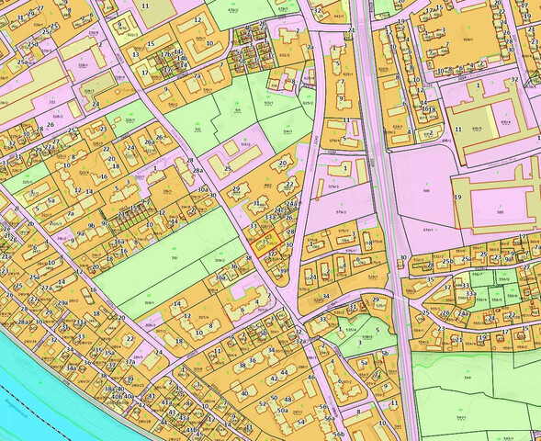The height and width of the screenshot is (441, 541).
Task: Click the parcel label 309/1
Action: click(x=149, y=302)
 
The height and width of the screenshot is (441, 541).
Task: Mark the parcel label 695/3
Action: click(x=504, y=121)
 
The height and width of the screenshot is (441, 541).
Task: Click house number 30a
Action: click(x=202, y=189)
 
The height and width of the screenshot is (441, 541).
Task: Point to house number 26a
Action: click(x=162, y=139)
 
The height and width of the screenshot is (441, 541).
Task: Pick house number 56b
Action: click(x=339, y=434)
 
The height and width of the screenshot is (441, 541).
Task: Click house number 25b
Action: click(x=447, y=262)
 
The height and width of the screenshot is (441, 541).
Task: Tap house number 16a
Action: click(x=119, y=241)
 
